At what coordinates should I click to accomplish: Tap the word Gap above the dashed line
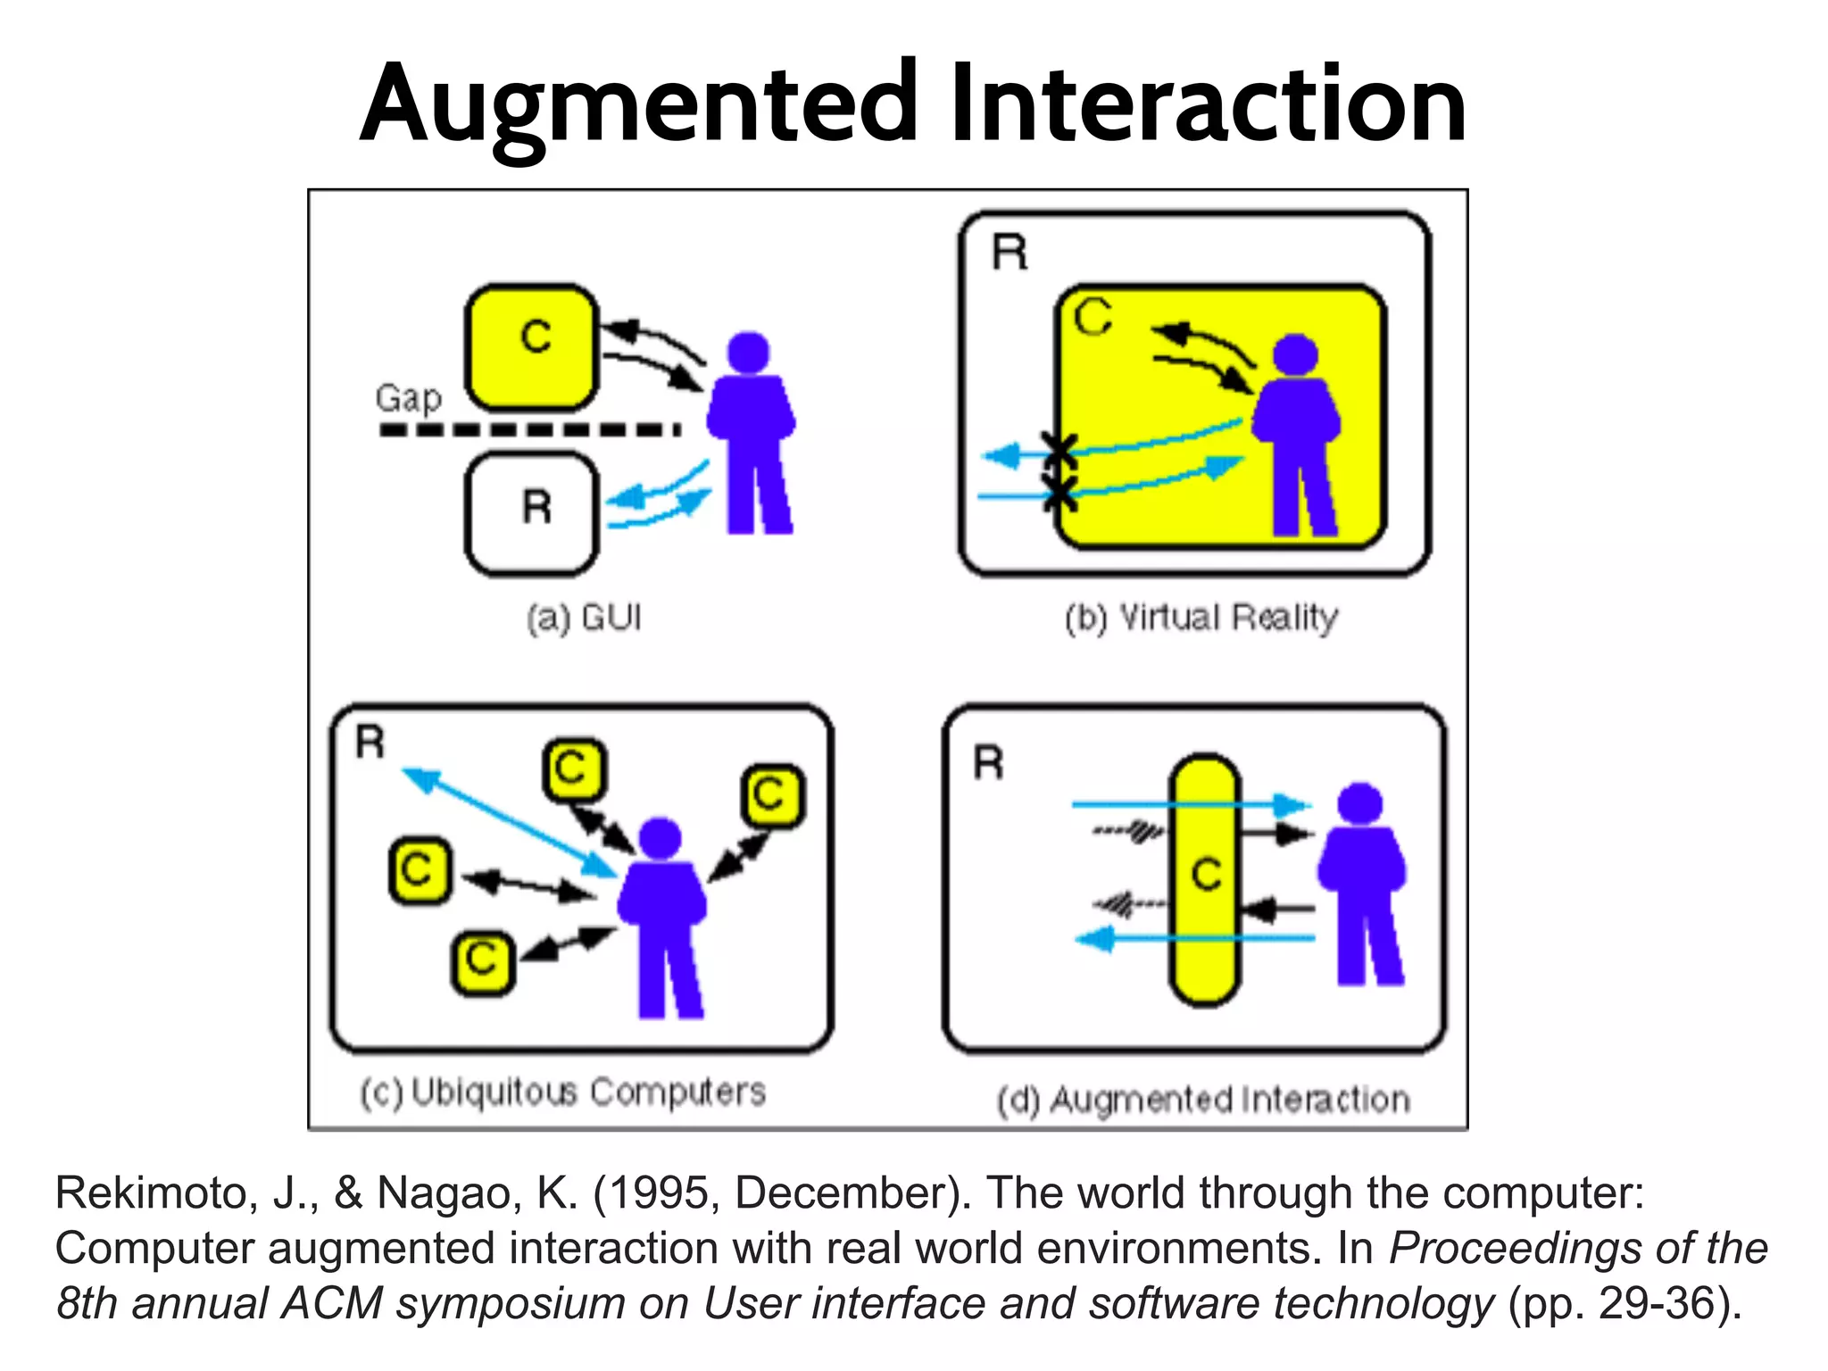pyautogui.click(x=408, y=398)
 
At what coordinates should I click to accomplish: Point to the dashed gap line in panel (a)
pyautogui.click(x=530, y=429)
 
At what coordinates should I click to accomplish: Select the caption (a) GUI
pyautogui.click(x=584, y=618)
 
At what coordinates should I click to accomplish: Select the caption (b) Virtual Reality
pyautogui.click(x=1201, y=618)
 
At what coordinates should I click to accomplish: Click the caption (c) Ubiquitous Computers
pyautogui.click(x=563, y=1092)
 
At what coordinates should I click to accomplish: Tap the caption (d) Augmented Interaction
pyautogui.click(x=1203, y=1100)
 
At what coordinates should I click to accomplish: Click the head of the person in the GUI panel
pyautogui.click(x=748, y=353)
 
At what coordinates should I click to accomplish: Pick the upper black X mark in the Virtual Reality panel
pyautogui.click(x=1059, y=449)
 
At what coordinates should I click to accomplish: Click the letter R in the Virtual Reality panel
pyautogui.click(x=1010, y=253)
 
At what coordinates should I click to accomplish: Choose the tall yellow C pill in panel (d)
pyautogui.click(x=1205, y=879)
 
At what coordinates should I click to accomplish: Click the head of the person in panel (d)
pyautogui.click(x=1359, y=803)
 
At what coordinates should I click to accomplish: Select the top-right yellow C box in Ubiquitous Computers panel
pyautogui.click(x=771, y=794)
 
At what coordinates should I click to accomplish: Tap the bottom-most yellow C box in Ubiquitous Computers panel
pyautogui.click(x=483, y=961)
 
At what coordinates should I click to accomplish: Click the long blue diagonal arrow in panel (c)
pyautogui.click(x=509, y=822)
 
